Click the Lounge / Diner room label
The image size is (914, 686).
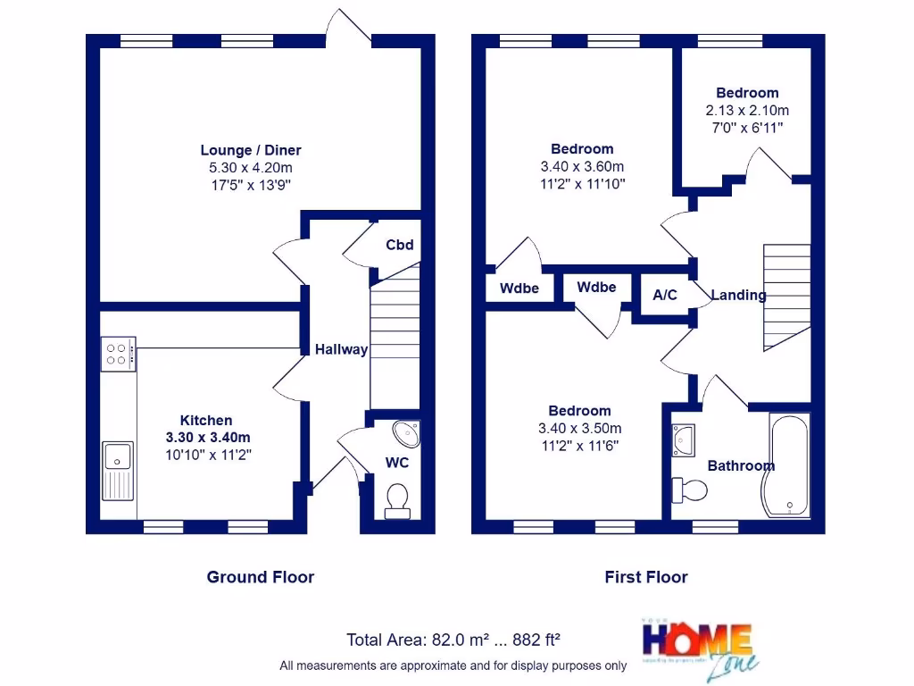click(251, 150)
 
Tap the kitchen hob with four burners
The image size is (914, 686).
click(119, 353)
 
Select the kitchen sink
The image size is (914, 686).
click(117, 470)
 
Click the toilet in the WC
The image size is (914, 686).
click(396, 500)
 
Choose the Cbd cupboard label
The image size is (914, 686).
click(399, 245)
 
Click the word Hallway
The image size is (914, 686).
click(341, 349)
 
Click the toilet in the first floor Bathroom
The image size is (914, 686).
click(690, 489)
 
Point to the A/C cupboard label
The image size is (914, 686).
click(665, 295)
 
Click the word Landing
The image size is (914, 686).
click(738, 295)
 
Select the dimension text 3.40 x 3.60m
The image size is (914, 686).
click(582, 166)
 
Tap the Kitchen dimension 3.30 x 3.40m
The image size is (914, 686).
click(207, 437)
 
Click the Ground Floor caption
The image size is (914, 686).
click(261, 577)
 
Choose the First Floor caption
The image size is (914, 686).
click(646, 577)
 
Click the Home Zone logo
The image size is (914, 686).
click(699, 648)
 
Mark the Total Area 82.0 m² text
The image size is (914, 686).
click(453, 640)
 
